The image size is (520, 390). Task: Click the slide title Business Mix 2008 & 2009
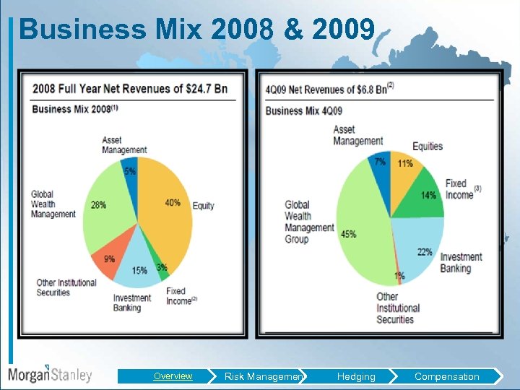coord(196,30)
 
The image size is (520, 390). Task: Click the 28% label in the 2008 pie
coord(99,205)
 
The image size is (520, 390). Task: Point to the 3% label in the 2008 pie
coord(162,268)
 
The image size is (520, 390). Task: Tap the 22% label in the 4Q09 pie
coord(425,252)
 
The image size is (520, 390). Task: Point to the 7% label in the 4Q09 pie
coord(380,162)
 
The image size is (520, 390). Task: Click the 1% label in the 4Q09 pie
coord(399,276)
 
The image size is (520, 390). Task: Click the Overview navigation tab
coord(173,376)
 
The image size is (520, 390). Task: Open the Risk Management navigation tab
coord(264,376)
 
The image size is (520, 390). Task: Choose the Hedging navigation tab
coord(356,376)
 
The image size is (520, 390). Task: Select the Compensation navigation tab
coord(446,376)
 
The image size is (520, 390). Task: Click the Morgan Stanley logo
coord(50,374)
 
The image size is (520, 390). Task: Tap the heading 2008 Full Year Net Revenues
coord(129,89)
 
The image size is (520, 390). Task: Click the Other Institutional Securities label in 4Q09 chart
coord(395,308)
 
